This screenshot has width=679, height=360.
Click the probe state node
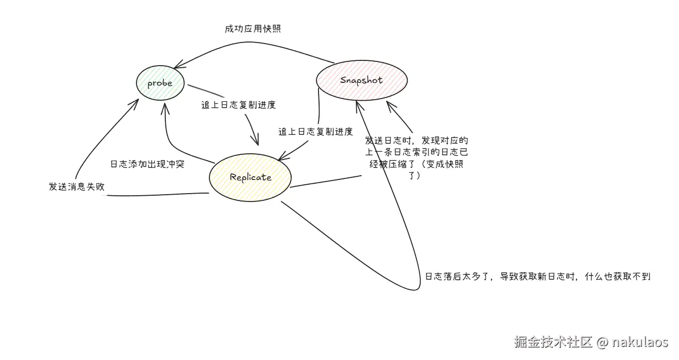pyautogui.click(x=160, y=83)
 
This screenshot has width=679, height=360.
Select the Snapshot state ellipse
pyautogui.click(x=361, y=80)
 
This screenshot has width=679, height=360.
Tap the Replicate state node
pyautogui.click(x=250, y=177)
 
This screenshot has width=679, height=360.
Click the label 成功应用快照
pyautogui.click(x=252, y=29)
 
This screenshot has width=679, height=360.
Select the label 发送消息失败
pyautogui.click(x=77, y=187)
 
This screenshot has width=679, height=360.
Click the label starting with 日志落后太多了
pyautogui.click(x=537, y=277)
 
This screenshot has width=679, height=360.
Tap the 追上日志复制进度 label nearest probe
pyautogui.click(x=239, y=104)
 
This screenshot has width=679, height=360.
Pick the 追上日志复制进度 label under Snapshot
pyautogui.click(x=315, y=132)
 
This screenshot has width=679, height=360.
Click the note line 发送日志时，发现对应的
pyautogui.click(x=417, y=141)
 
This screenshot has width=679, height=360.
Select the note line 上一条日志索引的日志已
pyautogui.click(x=417, y=152)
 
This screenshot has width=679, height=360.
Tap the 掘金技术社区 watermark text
pyautogui.click(x=553, y=343)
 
